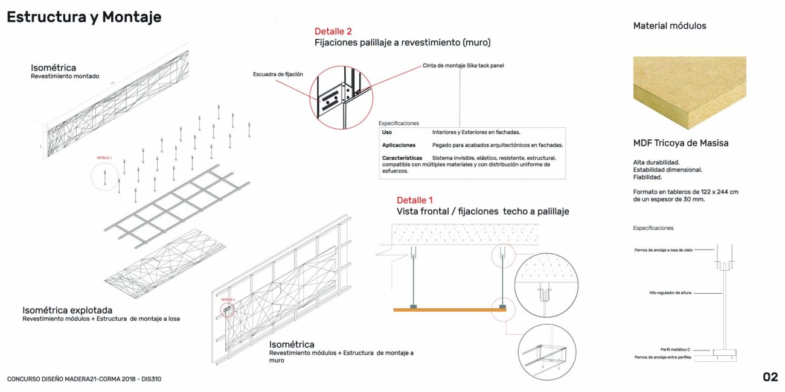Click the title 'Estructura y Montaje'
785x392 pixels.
(84, 17)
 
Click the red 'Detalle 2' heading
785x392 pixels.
(333, 31)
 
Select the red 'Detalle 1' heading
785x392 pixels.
(415, 200)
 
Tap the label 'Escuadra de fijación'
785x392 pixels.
(278, 74)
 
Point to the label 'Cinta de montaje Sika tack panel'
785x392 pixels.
(463, 65)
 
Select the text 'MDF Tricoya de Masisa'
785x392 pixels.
(681, 144)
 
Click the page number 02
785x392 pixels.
(770, 378)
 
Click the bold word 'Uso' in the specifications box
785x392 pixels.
(387, 132)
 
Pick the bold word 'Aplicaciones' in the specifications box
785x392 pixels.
(399, 145)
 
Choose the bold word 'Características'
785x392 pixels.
(402, 158)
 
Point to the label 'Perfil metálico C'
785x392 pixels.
(675, 349)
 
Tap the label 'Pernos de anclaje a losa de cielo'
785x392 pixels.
(663, 250)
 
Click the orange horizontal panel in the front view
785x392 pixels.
(450, 310)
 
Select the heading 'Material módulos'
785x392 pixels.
(670, 26)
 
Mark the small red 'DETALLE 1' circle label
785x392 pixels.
(104, 158)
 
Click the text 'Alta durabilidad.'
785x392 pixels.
(656, 162)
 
